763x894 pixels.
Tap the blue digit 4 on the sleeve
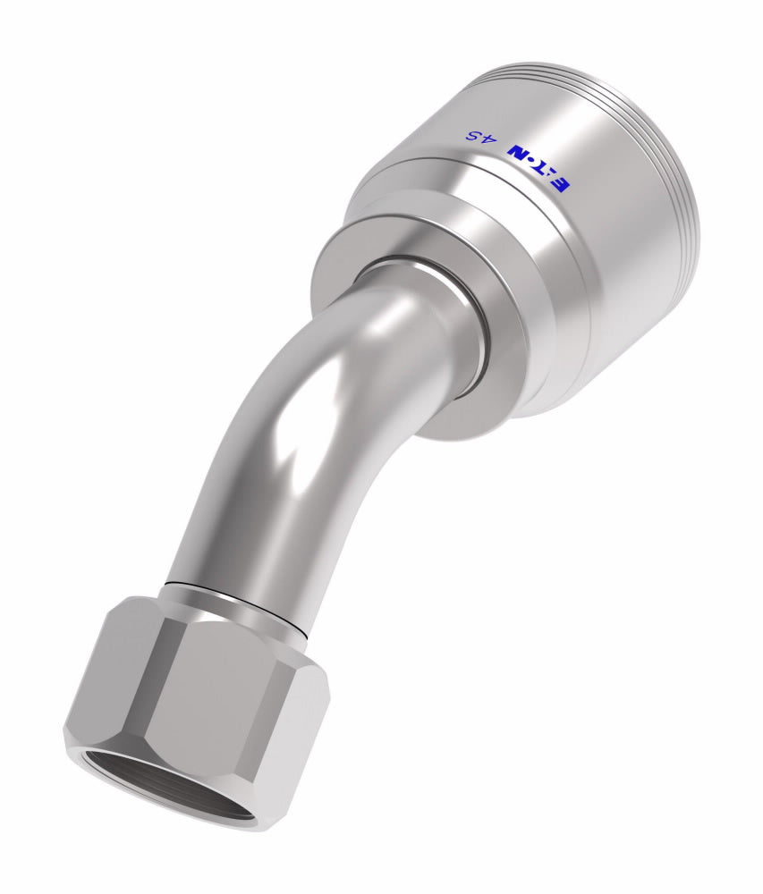(489, 139)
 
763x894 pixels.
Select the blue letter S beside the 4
(474, 137)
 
